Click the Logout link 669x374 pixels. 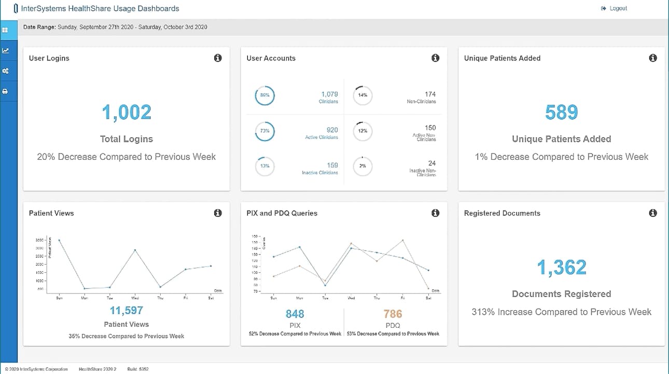[x=615, y=8]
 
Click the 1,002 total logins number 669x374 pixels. [x=127, y=113]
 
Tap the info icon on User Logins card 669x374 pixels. [x=218, y=58]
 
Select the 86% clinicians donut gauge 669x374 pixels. [x=264, y=95]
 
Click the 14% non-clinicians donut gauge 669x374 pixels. [x=363, y=95]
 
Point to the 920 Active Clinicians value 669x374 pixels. [x=332, y=130]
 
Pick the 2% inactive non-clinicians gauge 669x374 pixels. [x=363, y=166]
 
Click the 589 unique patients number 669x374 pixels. [x=562, y=113]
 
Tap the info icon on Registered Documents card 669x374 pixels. [x=653, y=213]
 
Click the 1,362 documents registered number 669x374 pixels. [x=562, y=267]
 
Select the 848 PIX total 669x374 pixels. [x=295, y=314]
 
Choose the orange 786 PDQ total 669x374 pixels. [x=393, y=314]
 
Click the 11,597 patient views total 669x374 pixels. [x=126, y=311]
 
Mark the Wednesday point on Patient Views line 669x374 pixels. [x=135, y=250]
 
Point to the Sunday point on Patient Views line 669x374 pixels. [x=59, y=240]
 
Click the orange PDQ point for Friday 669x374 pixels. [x=402, y=240]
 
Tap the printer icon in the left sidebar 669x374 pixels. [x=5, y=91]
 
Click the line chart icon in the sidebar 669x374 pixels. [x=5, y=51]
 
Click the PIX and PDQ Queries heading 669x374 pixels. [x=282, y=213]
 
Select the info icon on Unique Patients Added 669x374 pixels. [x=653, y=58]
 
